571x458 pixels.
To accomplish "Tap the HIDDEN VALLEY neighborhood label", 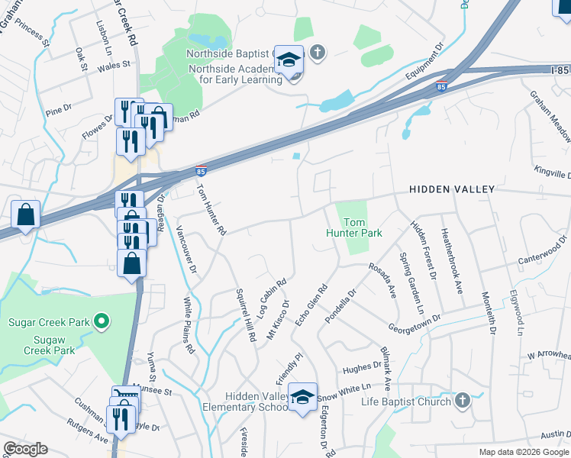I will [452, 189].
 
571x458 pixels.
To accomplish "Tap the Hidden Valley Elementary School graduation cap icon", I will [303, 397].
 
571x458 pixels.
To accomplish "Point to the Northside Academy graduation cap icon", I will [289, 60].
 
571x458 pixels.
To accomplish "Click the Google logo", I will [25, 449].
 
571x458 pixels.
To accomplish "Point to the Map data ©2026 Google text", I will [524, 452].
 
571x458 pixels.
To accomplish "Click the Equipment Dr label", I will [426, 60].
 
